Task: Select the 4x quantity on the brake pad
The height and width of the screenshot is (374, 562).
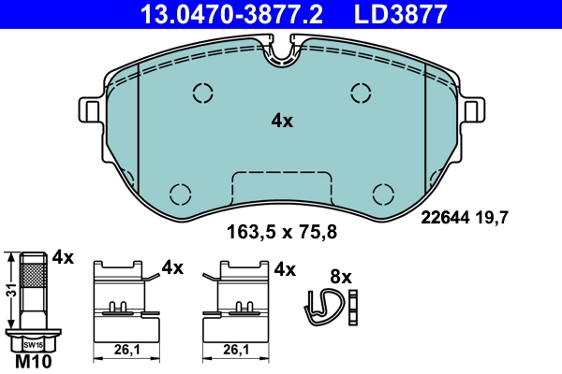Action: [282, 121]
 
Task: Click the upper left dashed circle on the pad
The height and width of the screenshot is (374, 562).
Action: [203, 93]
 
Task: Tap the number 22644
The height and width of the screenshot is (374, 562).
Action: [442, 219]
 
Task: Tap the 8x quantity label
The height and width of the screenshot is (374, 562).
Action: [341, 277]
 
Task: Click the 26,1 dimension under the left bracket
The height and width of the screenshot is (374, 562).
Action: [126, 350]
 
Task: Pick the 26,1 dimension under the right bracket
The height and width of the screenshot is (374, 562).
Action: [237, 350]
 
